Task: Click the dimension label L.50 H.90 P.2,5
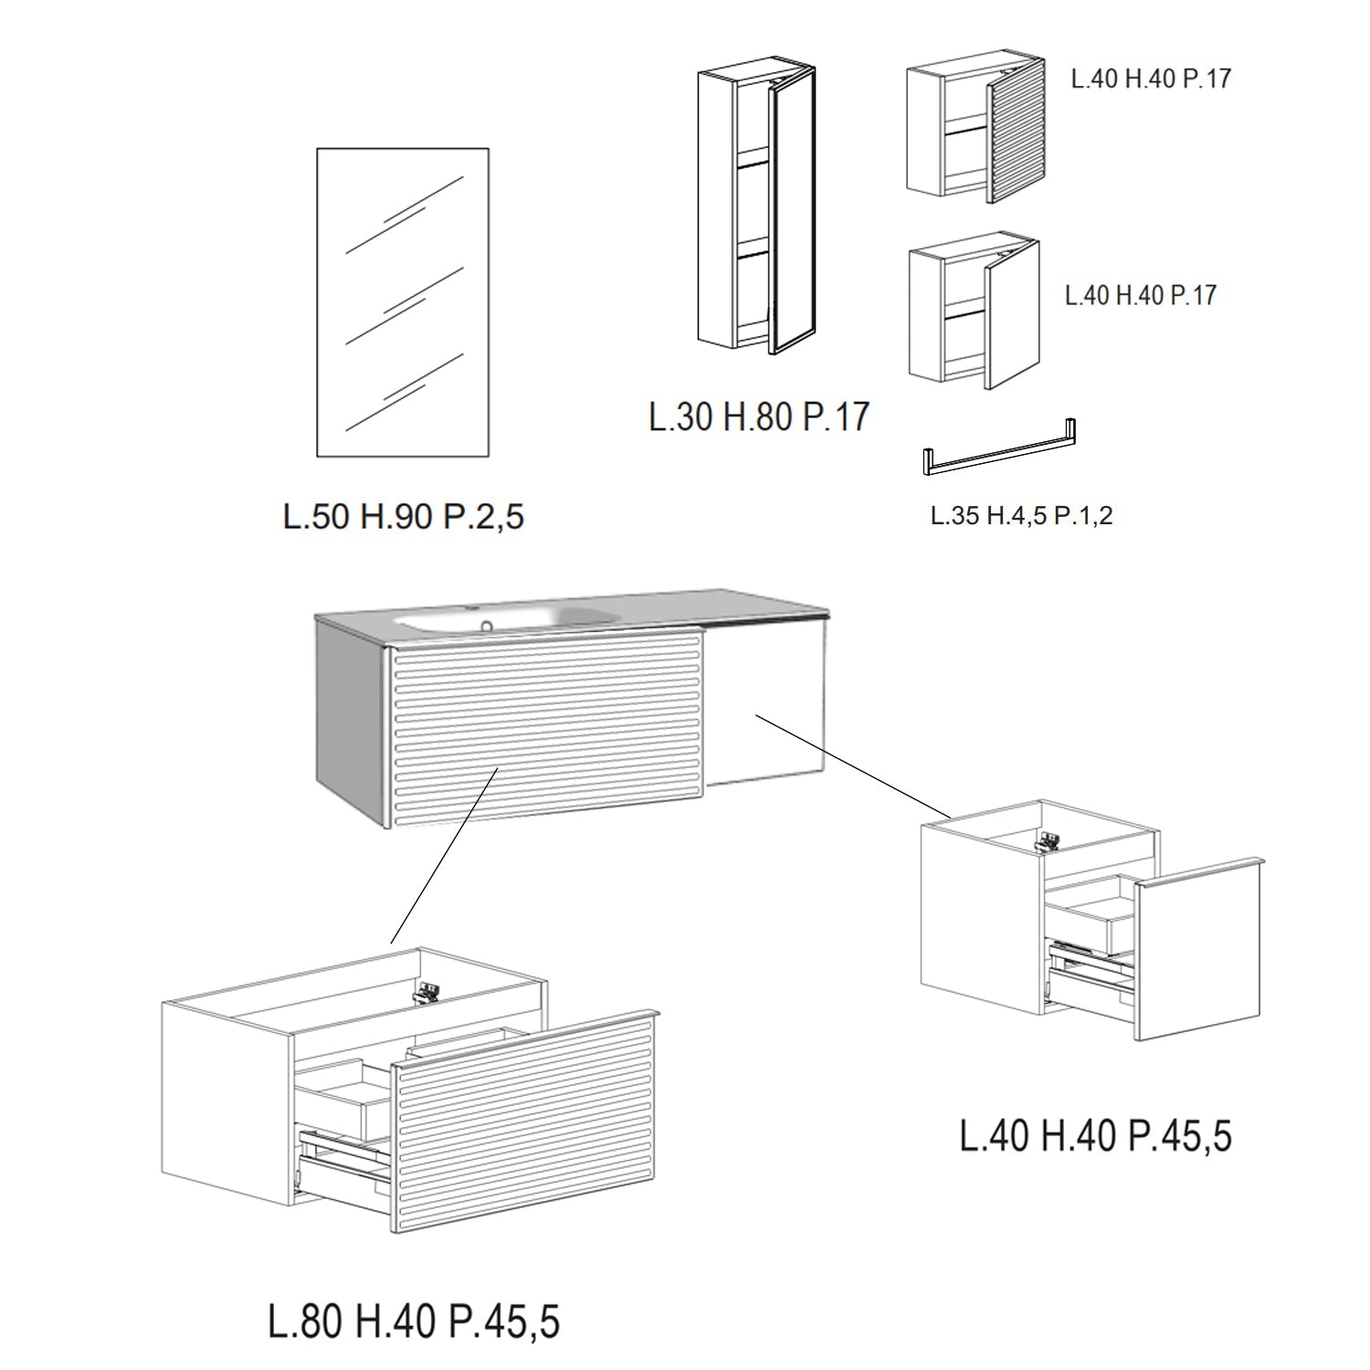point(404,517)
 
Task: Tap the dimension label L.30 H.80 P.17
point(758,416)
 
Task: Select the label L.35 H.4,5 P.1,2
point(1021,516)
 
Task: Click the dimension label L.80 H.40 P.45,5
point(414,1322)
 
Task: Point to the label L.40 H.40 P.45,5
point(1095,1135)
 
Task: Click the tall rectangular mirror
point(403,301)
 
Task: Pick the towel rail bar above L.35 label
point(1000,449)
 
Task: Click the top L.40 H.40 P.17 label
point(1151,79)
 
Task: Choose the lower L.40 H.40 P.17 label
point(1141,295)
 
